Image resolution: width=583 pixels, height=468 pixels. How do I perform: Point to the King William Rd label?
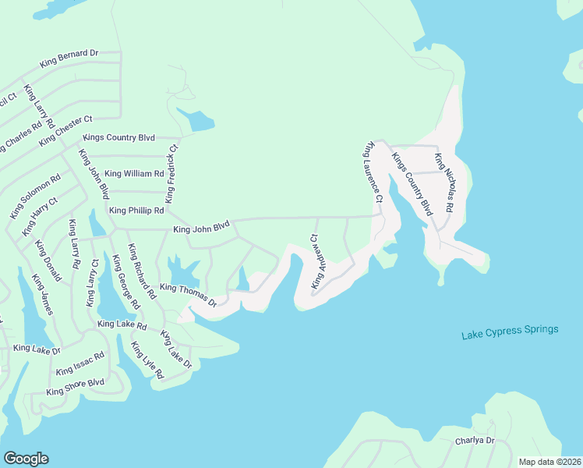tap(134, 174)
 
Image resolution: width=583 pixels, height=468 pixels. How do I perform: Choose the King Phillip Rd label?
tap(136, 211)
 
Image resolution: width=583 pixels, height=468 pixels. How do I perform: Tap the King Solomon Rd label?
tap(34, 197)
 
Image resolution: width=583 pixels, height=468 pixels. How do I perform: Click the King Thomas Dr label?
tap(187, 293)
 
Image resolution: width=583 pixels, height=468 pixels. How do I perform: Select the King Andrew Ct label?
tap(316, 261)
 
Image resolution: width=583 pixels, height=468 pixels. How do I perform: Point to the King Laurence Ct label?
tap(372, 172)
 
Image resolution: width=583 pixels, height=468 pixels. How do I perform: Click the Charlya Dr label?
tap(475, 441)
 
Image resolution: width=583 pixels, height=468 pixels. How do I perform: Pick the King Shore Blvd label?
tap(75, 386)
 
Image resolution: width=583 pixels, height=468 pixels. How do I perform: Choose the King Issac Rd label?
tap(79, 363)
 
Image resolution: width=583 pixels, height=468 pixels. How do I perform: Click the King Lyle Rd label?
tap(147, 360)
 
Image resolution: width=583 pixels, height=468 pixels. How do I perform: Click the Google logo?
tap(26, 459)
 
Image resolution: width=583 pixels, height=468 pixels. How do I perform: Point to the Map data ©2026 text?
tap(549, 462)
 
